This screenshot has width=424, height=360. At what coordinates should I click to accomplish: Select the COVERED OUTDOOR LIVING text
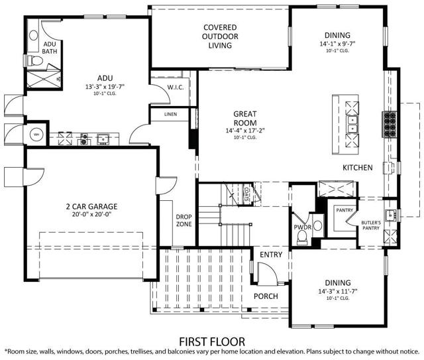point(220,36)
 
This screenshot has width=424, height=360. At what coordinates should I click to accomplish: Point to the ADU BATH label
point(49,47)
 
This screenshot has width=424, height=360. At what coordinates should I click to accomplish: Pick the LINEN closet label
point(170,114)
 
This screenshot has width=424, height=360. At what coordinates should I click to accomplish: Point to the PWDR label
point(302,227)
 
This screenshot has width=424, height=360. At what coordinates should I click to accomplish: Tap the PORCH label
point(266,296)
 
